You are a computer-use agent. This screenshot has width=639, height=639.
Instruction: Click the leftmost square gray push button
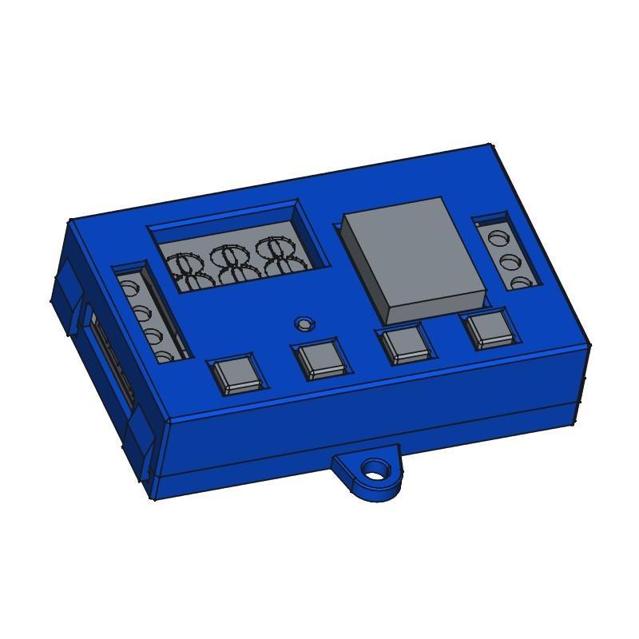tap(235, 374)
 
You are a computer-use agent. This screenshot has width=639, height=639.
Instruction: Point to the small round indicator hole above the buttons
tap(303, 323)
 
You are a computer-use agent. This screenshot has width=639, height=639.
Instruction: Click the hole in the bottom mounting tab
tap(373, 470)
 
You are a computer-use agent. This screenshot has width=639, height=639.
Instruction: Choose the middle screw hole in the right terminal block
tap(506, 261)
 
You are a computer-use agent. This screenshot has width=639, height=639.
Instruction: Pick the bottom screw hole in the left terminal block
tap(165, 356)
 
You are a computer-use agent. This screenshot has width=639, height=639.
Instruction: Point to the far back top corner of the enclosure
tap(490, 146)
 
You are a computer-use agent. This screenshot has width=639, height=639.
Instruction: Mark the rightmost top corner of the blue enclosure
tap(589, 346)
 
